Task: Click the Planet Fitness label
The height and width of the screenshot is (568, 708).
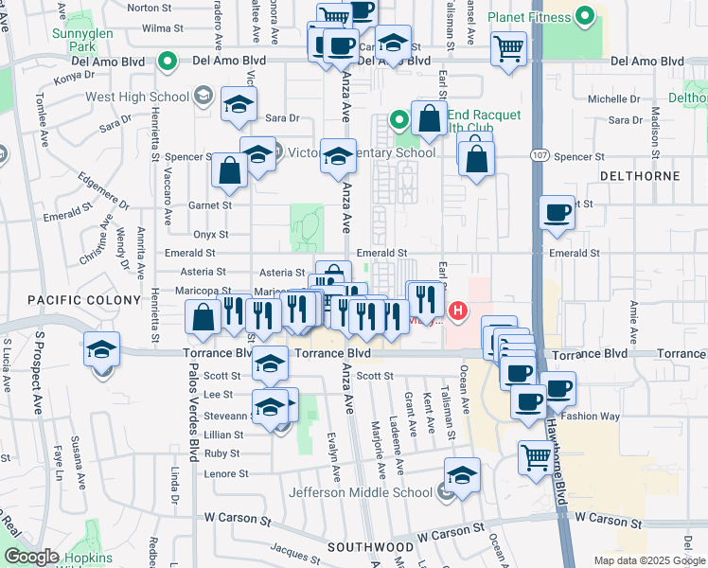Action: [x=530, y=18]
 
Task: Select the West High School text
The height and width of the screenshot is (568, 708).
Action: [x=137, y=96]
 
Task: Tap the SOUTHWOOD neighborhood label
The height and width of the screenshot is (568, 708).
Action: [x=370, y=547]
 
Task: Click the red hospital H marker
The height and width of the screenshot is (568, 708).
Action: [x=458, y=311]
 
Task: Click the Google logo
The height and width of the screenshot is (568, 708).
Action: [x=31, y=557]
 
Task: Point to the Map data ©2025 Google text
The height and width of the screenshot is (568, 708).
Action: [x=649, y=560]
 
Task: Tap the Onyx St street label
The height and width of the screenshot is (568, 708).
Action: [x=210, y=234]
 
